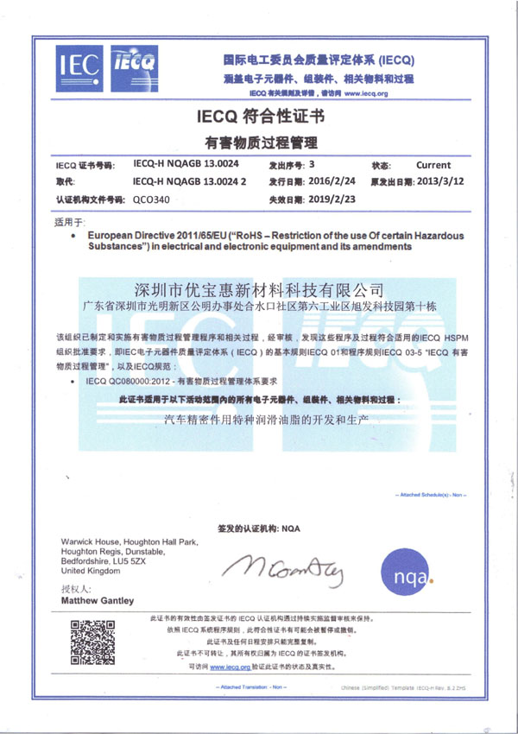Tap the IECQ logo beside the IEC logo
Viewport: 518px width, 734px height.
[130, 66]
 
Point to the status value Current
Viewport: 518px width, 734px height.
[433, 164]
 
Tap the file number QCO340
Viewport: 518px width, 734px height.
[150, 199]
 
